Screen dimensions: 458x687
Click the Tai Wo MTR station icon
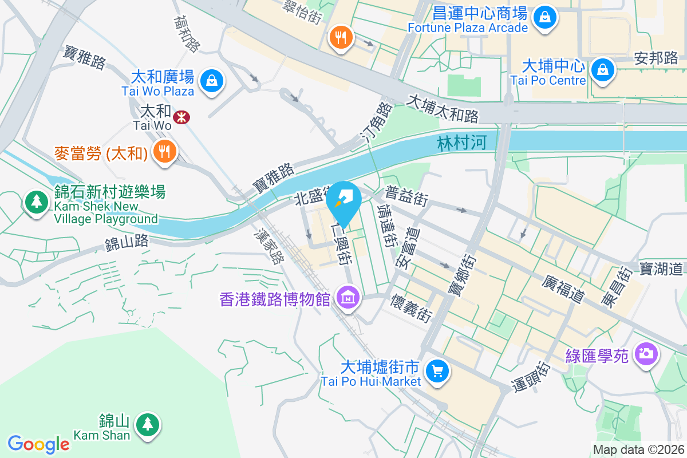(x=183, y=117)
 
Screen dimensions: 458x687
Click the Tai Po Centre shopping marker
(x=602, y=70)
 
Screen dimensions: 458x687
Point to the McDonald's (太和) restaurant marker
(x=165, y=152)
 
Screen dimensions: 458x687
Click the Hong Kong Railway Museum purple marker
(x=348, y=298)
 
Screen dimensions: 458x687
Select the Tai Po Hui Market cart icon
(x=438, y=372)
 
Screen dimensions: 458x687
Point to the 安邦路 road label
(x=656, y=58)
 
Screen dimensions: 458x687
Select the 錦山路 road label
(x=127, y=243)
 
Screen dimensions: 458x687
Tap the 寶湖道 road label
(x=661, y=268)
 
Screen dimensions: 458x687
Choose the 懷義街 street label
(x=411, y=309)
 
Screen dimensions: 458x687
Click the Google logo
(x=38, y=444)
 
